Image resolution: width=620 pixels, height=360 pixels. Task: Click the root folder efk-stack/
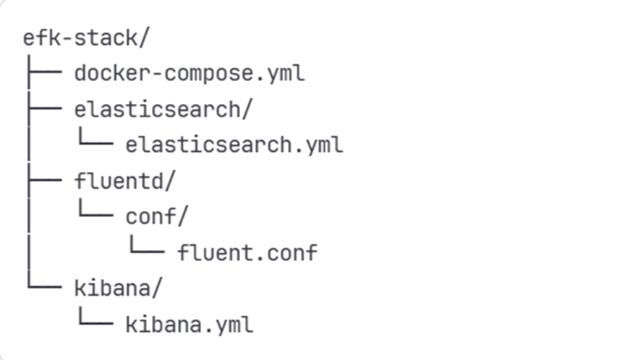click(86, 38)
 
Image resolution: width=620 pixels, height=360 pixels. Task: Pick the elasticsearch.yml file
click(234, 145)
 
